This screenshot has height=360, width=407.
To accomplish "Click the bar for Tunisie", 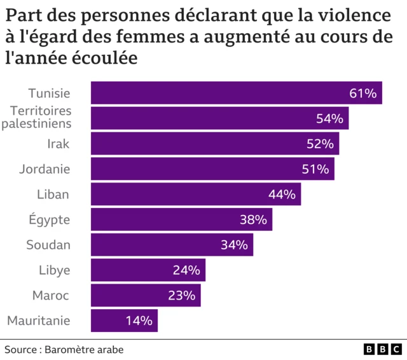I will [236, 93].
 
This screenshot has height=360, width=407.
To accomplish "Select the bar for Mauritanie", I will [124, 321].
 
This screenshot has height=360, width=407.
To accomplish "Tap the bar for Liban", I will [196, 195].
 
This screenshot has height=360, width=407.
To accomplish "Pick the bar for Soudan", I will [172, 245].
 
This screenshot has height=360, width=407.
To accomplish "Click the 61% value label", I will [363, 93].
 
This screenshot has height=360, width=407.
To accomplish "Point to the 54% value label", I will [329, 119].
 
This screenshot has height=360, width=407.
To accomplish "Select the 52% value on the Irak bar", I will [320, 144].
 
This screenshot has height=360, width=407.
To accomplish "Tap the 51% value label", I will [315, 169].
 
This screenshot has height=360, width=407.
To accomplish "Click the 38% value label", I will [253, 220].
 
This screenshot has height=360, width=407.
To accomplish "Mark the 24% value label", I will [186, 270].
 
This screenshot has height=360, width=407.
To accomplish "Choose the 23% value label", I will [182, 296].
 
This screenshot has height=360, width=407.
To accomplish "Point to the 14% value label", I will [139, 321].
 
